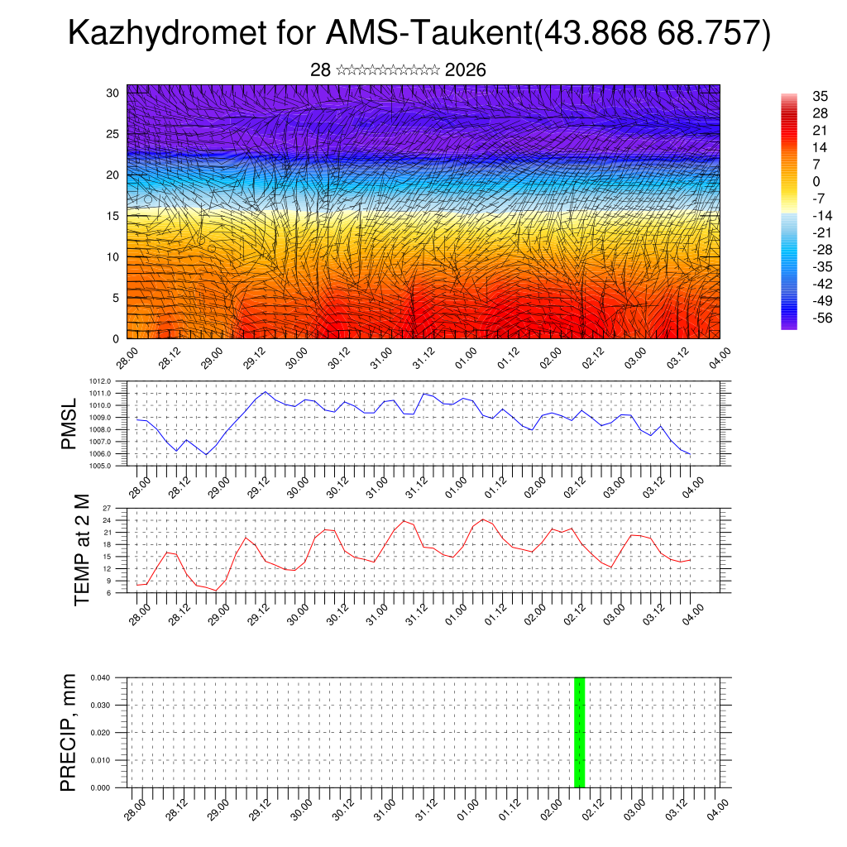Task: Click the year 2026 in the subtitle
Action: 465,70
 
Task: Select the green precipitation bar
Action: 579,732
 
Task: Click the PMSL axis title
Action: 71,423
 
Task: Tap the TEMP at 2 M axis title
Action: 82,549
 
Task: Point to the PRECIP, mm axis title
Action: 69,732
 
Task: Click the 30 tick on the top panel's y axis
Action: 113,93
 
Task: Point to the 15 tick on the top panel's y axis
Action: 113,216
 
